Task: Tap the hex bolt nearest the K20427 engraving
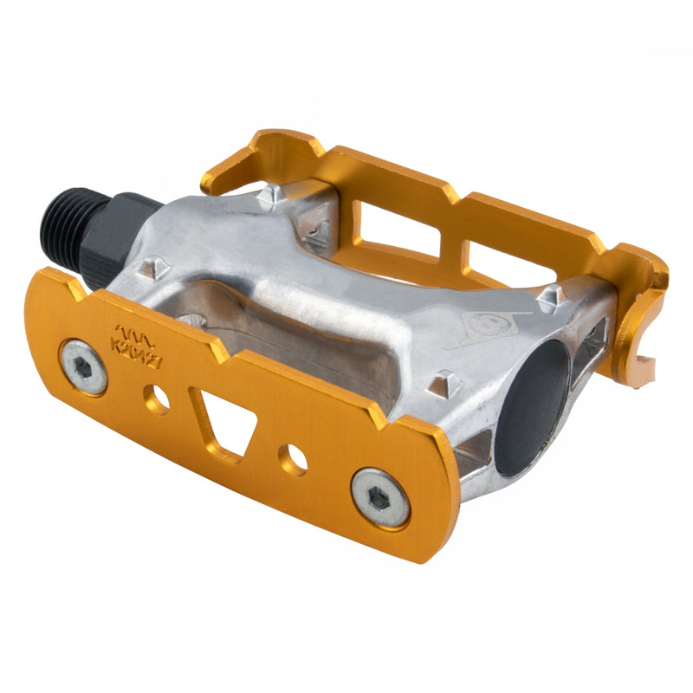pyautogui.click(x=84, y=366)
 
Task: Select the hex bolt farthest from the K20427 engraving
pyautogui.click(x=380, y=496)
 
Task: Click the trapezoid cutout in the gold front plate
pyautogui.click(x=224, y=421)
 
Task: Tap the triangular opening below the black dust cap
pyautogui.click(x=475, y=450)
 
